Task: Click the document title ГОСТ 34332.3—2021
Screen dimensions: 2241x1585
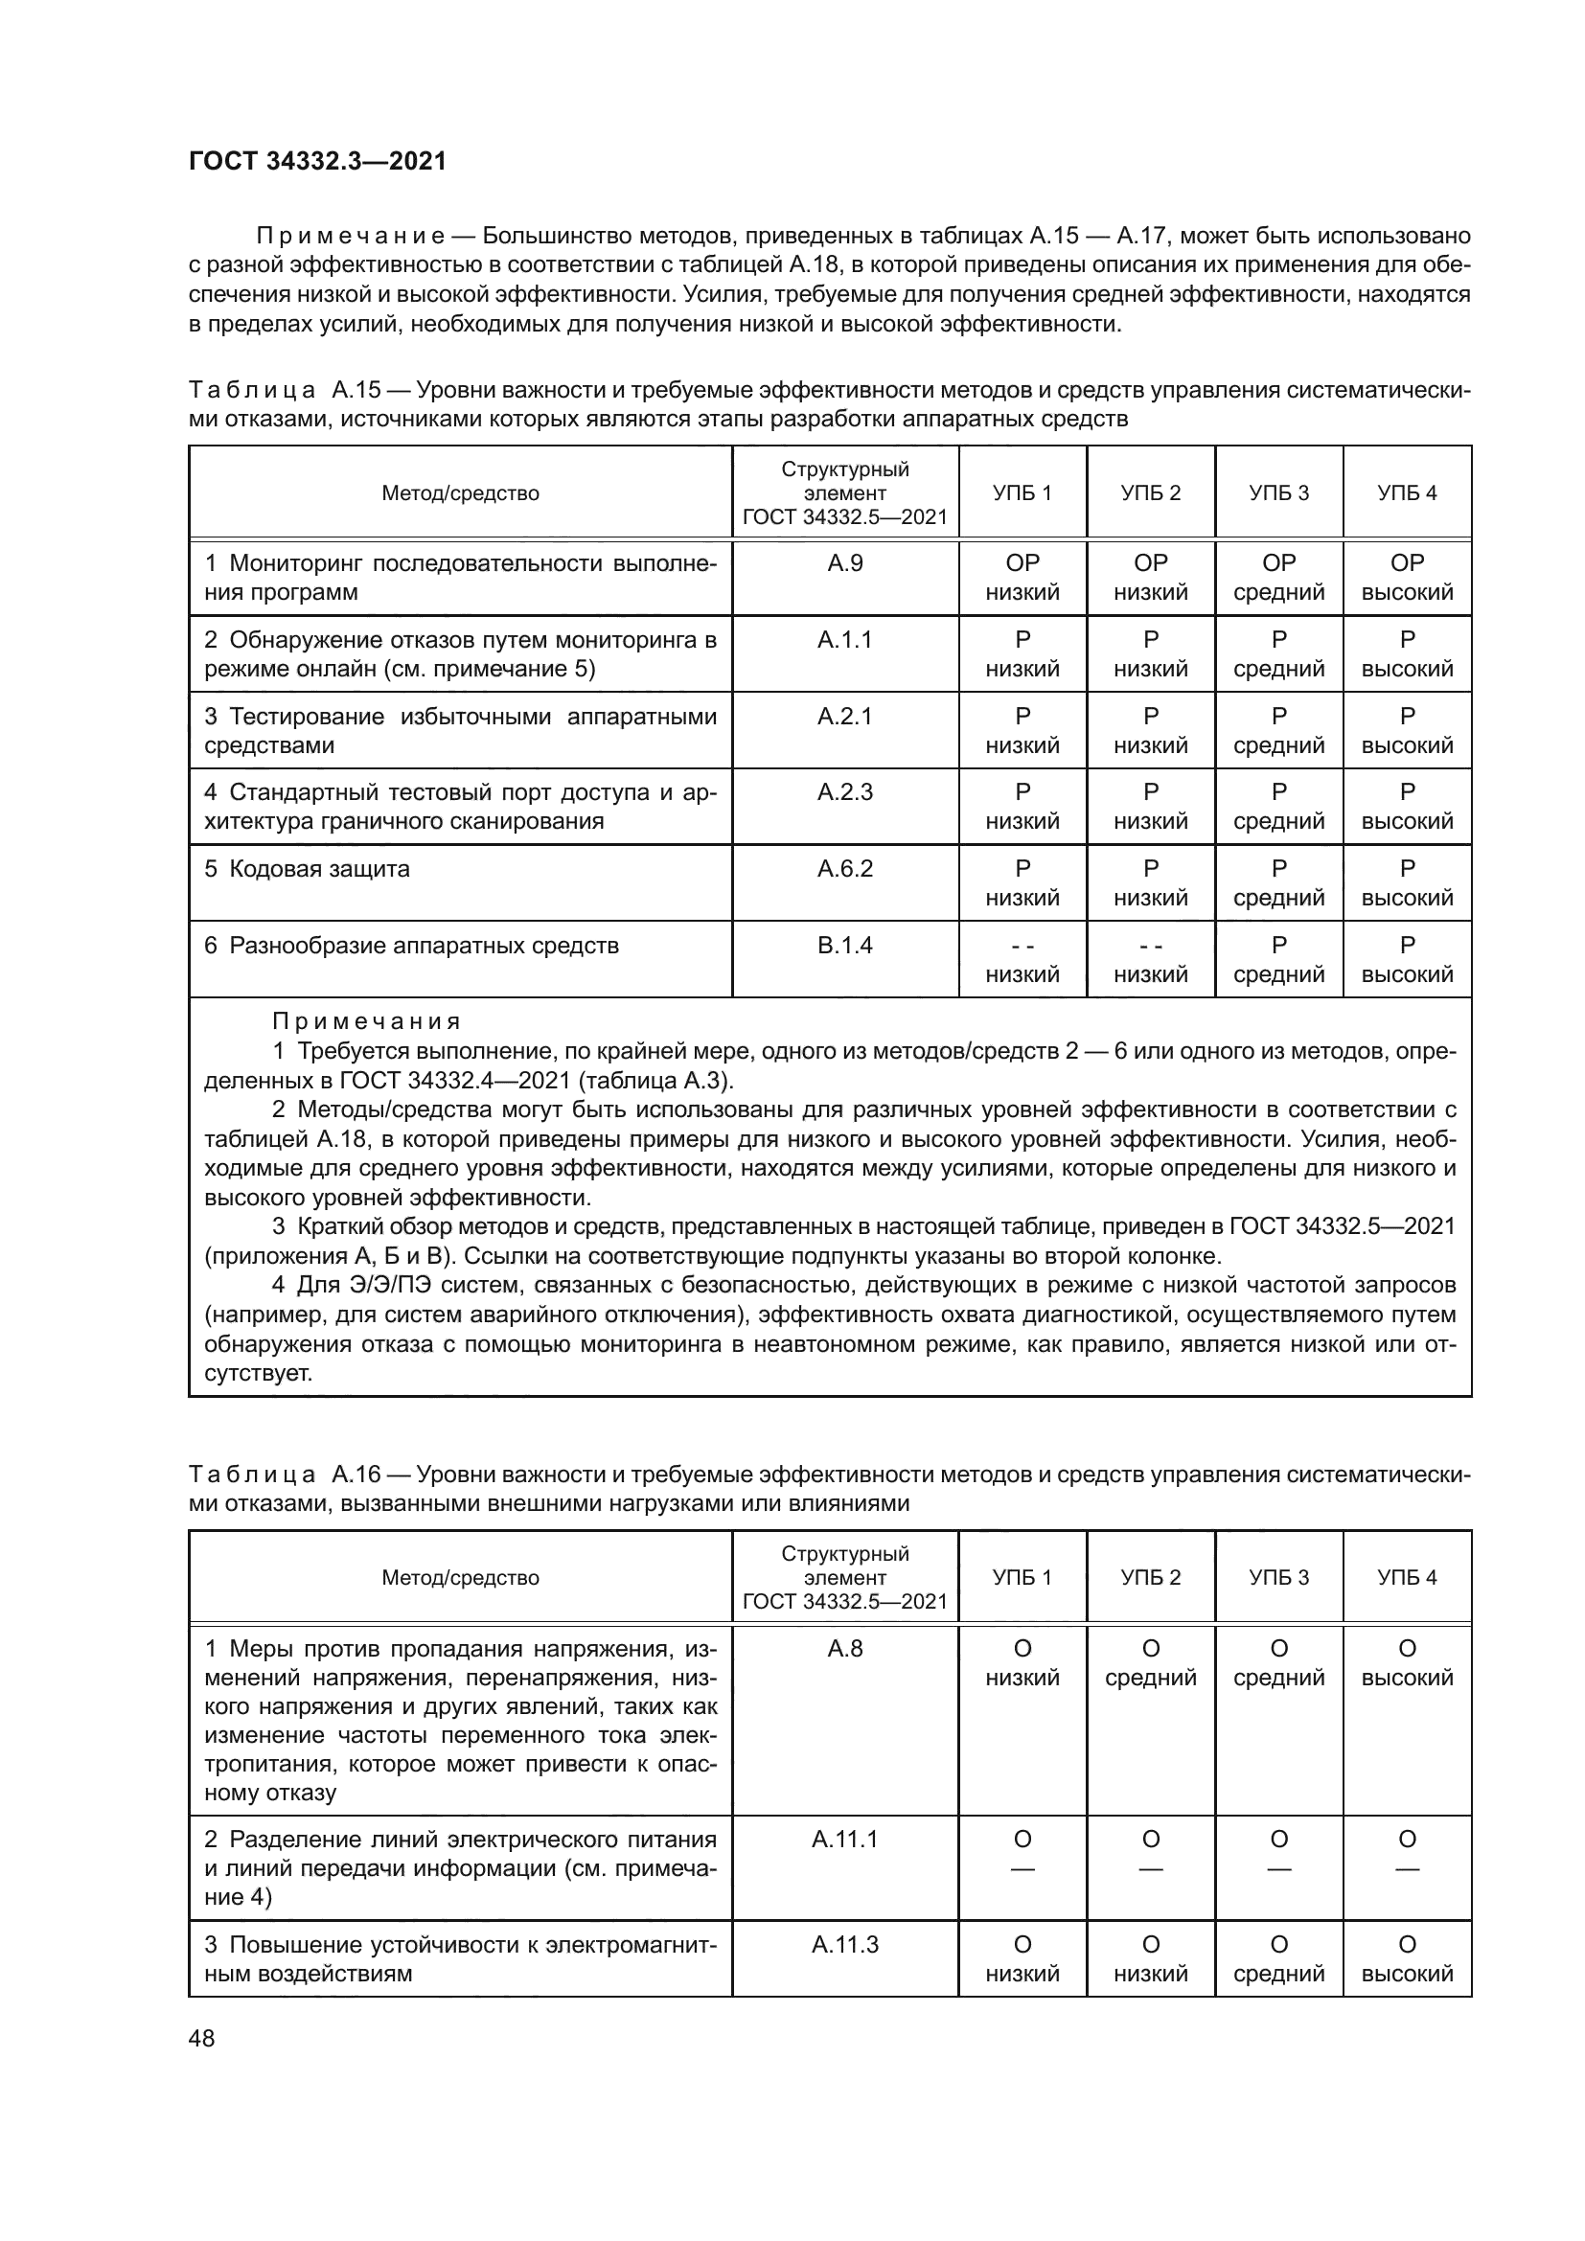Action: pos(317,162)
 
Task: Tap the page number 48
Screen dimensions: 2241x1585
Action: pos(201,2038)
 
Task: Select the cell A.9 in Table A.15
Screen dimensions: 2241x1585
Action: pos(844,563)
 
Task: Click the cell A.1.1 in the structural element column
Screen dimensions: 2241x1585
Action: pos(844,640)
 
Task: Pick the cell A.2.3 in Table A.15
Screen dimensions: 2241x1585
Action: pos(844,792)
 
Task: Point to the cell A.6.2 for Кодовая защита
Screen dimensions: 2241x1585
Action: pos(844,869)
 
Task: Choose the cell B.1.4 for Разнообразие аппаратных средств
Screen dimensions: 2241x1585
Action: pos(844,946)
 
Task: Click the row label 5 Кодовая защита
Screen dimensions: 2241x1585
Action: pos(308,869)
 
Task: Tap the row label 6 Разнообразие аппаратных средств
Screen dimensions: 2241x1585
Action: pos(411,946)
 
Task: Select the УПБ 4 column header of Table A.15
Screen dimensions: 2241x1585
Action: pos(1407,492)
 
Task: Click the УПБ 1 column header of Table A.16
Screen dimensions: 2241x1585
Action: pos(1022,1577)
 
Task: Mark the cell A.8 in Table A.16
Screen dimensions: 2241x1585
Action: pos(844,1649)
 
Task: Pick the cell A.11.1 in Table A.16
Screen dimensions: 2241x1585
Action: pos(844,1839)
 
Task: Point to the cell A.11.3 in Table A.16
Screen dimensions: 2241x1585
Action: pos(844,1944)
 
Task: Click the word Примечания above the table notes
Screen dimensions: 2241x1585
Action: pos(366,1022)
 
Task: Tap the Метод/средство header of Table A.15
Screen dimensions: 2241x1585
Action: pos(460,492)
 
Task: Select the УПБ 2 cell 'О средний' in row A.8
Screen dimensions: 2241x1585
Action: pos(1151,1663)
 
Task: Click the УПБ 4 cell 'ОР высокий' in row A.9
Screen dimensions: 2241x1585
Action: pos(1407,578)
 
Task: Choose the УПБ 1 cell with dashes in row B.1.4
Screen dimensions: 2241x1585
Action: pos(1022,960)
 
